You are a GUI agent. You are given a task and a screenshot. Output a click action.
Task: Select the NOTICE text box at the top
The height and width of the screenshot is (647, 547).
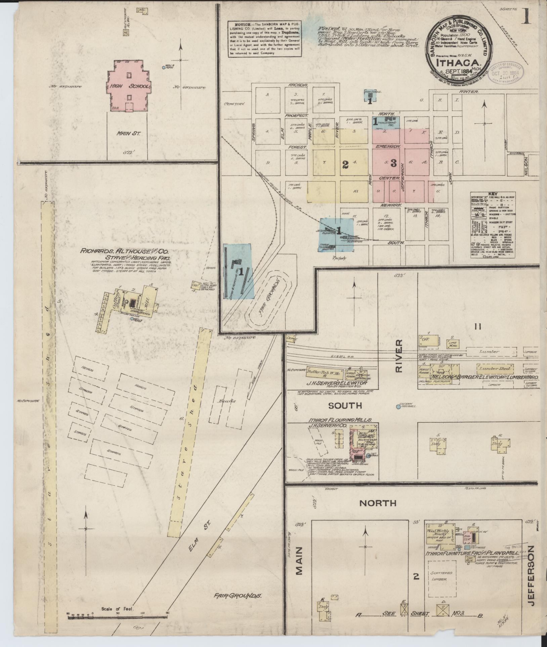[x=264, y=39]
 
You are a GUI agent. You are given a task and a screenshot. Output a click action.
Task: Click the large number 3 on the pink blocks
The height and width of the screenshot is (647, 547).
[x=394, y=164]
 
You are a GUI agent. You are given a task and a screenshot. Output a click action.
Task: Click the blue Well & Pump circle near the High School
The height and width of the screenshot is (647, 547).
[x=163, y=67]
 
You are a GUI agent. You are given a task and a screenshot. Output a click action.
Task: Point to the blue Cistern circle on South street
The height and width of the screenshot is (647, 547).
[x=398, y=407]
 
